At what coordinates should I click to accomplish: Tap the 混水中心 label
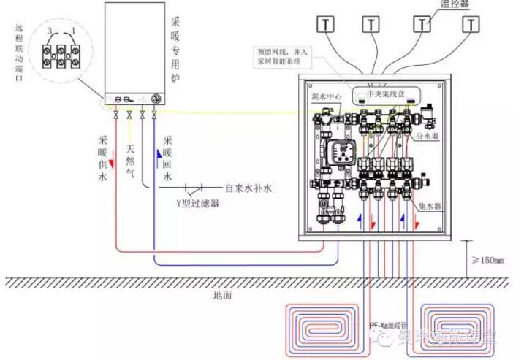324,96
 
